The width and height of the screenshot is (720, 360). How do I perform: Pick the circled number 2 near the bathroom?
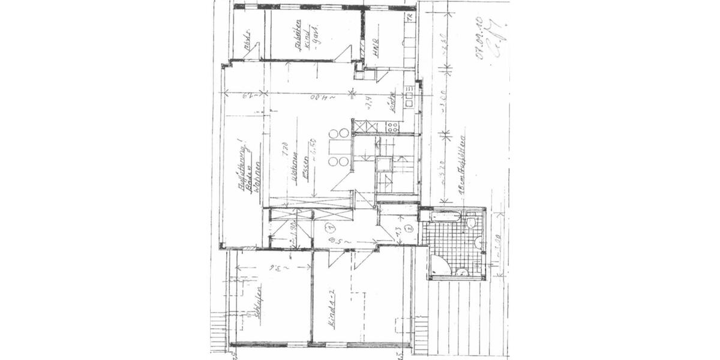tap(407, 228)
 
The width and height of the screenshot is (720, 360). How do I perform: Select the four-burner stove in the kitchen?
tap(393, 127)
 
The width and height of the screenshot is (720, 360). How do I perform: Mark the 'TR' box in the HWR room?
tap(410, 17)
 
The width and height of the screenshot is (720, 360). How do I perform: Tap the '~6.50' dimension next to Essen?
tap(313, 148)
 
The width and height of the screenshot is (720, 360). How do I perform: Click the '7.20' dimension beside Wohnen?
tap(287, 147)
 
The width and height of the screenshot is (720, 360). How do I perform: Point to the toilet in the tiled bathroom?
tap(471, 223)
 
